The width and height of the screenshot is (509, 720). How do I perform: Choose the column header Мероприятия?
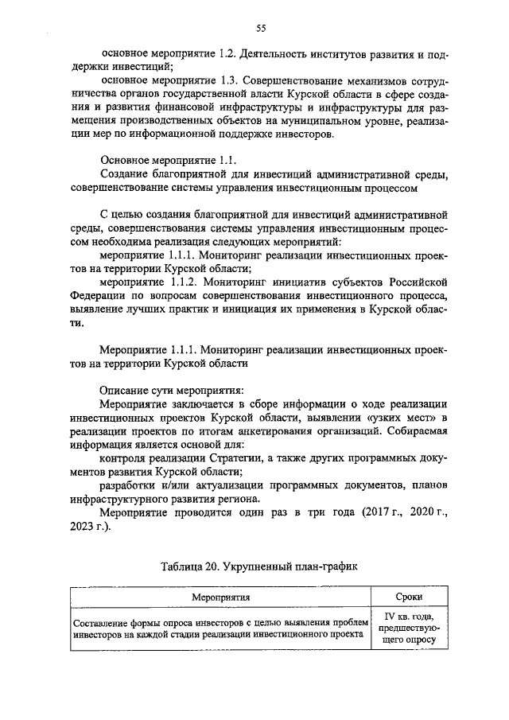[220, 597]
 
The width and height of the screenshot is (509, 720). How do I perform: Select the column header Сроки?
[409, 597]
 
